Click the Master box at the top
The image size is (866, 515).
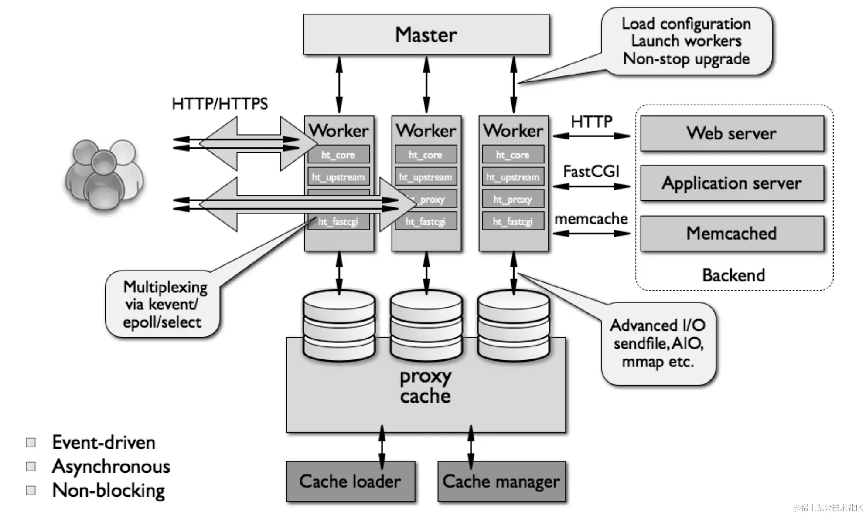426,34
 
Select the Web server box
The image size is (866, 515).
732,133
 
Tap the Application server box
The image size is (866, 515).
732,183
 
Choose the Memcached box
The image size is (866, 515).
732,234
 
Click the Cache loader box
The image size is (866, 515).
350,481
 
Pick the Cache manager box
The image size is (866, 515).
501,481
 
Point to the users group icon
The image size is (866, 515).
104,174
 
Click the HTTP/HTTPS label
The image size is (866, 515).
220,104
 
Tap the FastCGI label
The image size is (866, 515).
591,172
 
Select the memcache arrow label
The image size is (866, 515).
591,219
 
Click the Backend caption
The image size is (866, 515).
733,275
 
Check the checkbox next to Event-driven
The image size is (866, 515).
31,443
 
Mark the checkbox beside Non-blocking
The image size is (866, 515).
31,491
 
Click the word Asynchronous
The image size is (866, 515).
111,467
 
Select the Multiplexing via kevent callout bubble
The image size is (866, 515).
162,304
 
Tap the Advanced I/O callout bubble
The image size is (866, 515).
658,344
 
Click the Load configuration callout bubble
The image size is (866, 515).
686,41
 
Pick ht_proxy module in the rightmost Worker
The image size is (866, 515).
513,200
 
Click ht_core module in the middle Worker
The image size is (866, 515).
426,155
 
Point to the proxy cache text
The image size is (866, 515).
426,386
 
